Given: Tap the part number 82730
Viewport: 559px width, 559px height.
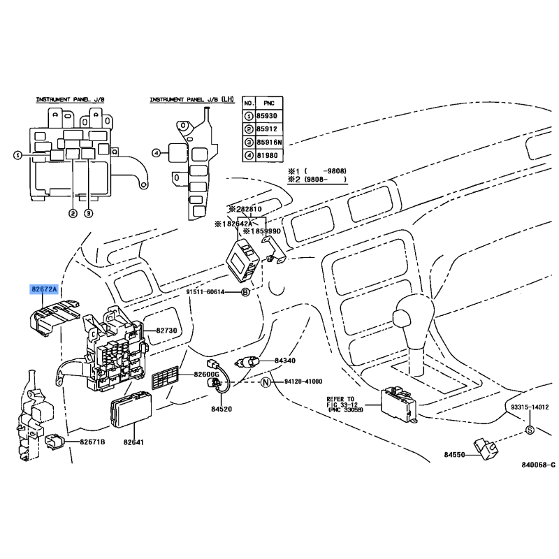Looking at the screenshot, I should click(x=168, y=329).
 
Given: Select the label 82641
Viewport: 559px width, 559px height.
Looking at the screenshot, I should click(x=133, y=442).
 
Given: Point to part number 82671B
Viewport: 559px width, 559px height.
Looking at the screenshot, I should click(x=92, y=442).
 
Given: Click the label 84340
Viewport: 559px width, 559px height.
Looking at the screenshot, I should click(x=285, y=361).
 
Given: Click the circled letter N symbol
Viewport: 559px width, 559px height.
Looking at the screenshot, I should click(x=266, y=382).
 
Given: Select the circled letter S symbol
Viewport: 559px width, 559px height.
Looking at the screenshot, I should click(x=529, y=429).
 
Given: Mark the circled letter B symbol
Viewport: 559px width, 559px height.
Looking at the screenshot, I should click(x=245, y=292).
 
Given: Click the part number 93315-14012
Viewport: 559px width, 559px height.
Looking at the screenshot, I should click(x=530, y=406).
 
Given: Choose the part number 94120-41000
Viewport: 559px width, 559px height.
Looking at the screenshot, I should click(x=303, y=382).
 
